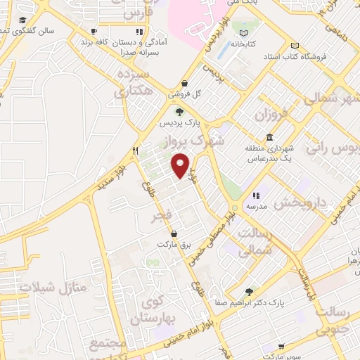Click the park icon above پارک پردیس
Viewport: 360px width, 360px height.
click(x=179, y=111)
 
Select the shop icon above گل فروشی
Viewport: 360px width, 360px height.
click(x=184, y=83)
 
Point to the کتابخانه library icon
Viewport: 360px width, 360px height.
click(x=243, y=33)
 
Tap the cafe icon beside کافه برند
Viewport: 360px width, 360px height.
click(x=94, y=32)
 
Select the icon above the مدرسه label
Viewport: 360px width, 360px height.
click(x=255, y=195)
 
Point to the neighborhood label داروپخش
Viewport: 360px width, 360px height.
click(x=301, y=202)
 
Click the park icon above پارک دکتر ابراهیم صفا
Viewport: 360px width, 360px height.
click(x=248, y=291)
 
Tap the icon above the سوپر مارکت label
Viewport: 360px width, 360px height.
click(x=281, y=346)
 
